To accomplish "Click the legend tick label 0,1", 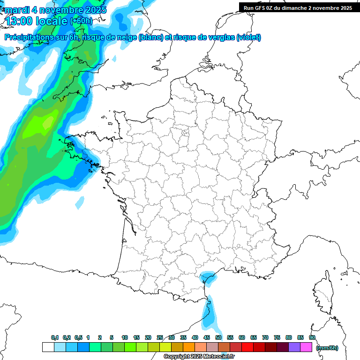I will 55,337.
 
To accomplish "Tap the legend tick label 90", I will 312,337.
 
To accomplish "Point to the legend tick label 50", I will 218,337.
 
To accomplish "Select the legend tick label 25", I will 160,337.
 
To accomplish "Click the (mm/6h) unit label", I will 327,347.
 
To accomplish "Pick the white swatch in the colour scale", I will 48,347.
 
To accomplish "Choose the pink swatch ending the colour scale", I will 306,347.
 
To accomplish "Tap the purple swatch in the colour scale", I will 294,347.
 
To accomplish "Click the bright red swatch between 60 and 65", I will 247,347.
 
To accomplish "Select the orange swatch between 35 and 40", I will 189,347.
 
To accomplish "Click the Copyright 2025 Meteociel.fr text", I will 199,357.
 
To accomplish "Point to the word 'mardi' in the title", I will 16,9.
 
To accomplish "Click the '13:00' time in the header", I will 21,21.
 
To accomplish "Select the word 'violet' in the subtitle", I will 248,37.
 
